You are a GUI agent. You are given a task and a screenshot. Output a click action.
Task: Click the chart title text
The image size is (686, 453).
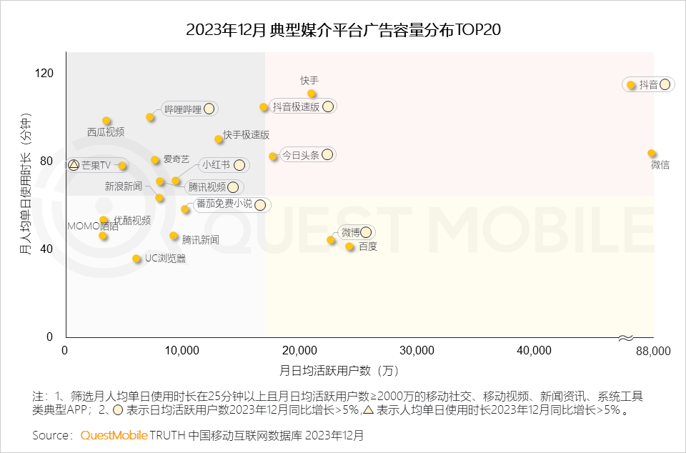[342, 30]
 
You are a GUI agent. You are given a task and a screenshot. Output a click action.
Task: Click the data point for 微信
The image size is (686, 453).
[652, 154]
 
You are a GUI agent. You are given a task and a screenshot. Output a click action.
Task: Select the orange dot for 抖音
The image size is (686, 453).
[631, 85]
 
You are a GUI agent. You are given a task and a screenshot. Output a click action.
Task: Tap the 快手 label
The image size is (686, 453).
[309, 81]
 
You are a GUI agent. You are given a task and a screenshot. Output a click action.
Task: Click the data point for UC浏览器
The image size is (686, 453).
[136, 259]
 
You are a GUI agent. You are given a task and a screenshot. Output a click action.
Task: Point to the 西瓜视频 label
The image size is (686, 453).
[106, 132]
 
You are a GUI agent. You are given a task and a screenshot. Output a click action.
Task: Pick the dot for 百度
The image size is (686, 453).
[349, 247]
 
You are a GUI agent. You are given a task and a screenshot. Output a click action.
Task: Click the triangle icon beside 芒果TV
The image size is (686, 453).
[73, 165]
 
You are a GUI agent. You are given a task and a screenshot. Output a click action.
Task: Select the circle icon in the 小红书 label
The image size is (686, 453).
[239, 165]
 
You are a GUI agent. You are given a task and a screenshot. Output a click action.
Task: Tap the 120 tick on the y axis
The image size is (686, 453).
[45, 73]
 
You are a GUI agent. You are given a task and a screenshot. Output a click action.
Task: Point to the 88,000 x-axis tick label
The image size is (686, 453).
[652, 350]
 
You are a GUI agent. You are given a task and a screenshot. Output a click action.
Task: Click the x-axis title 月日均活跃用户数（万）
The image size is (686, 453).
[339, 371]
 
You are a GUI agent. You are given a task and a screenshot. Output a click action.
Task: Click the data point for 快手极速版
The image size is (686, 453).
[219, 139]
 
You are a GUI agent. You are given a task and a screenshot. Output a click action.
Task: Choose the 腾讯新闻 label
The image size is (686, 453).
[200, 240]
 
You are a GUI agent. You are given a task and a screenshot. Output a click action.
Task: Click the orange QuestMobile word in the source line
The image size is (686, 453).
[114, 434]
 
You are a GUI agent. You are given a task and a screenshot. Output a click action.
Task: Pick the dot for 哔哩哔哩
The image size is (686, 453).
[150, 117]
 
